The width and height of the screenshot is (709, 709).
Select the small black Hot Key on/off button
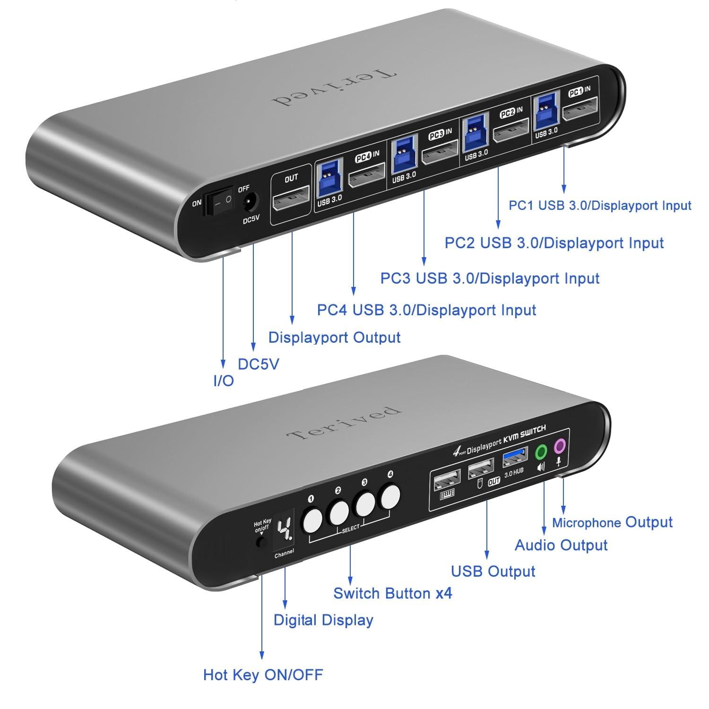[260, 542]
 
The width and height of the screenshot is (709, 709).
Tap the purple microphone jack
[560, 445]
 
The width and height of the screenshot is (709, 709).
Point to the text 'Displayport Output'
[334, 337]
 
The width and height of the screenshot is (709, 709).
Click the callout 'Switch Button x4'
[392, 593]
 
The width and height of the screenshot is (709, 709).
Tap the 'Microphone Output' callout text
[612, 522]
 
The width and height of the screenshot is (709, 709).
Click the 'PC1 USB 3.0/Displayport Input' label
[600, 206]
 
